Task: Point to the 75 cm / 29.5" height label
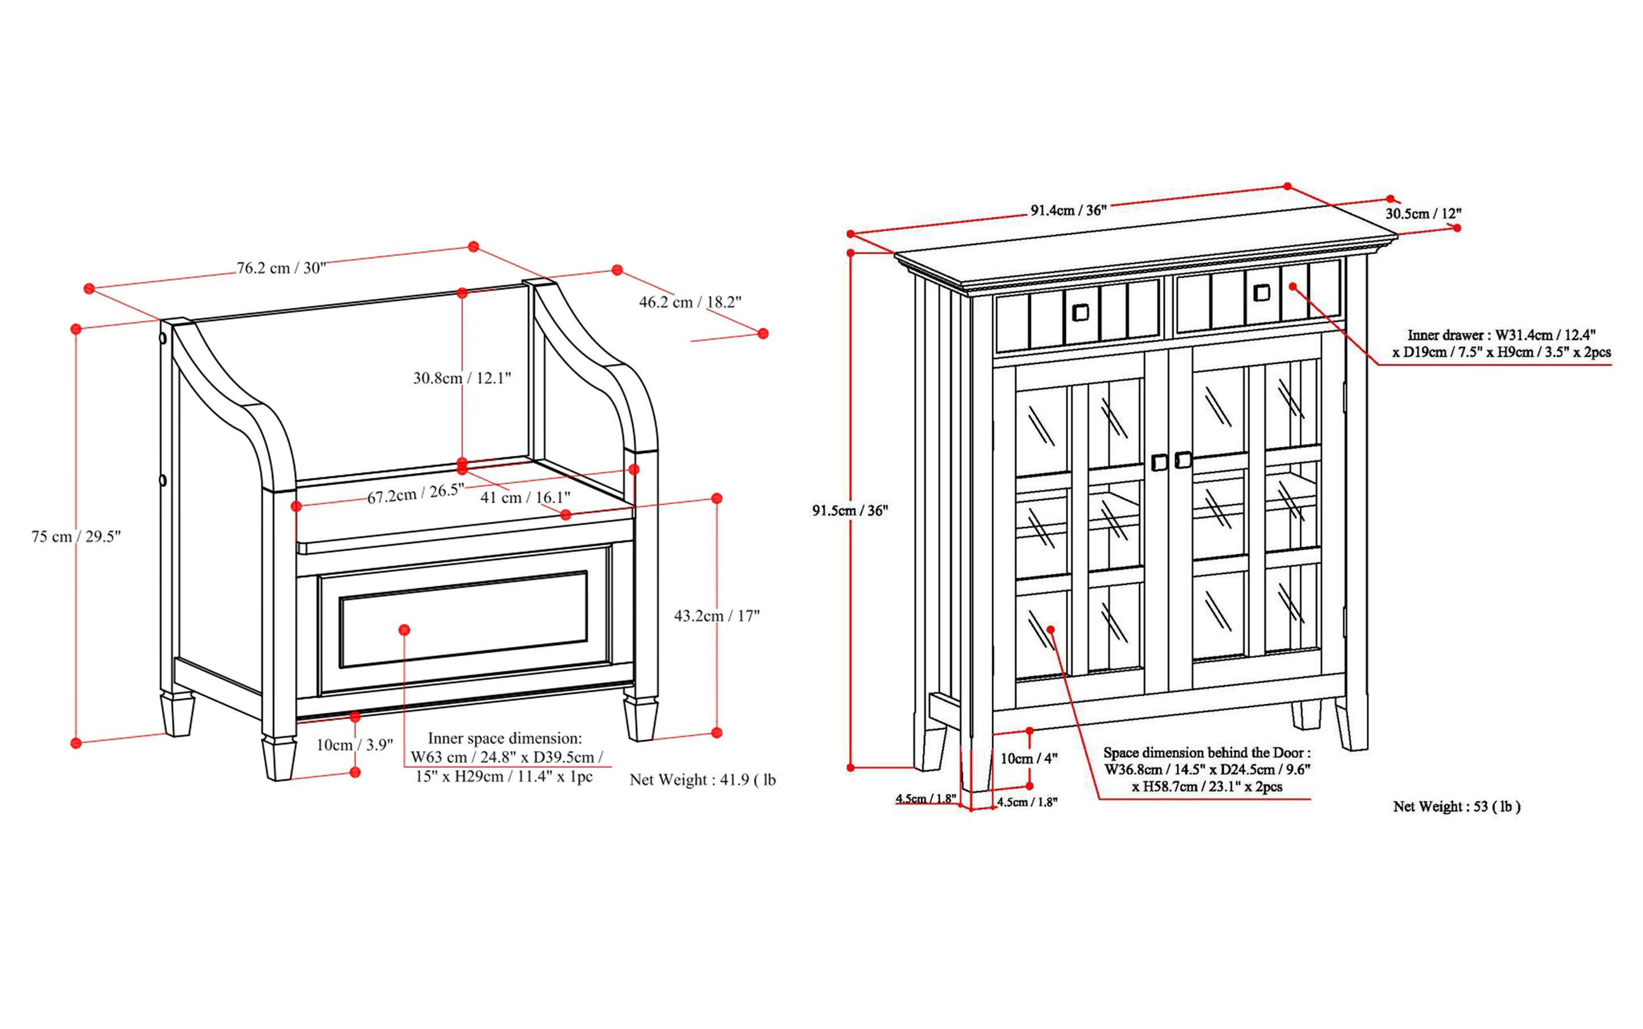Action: [x=76, y=536]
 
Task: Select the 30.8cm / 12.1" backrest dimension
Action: [x=462, y=377]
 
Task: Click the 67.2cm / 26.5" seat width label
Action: [x=415, y=493]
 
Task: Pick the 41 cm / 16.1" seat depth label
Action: [x=525, y=497]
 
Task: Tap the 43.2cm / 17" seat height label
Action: [x=716, y=616]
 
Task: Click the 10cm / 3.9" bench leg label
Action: [x=354, y=745]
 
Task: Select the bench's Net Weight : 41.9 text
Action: [x=702, y=780]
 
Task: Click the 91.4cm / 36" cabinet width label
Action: [x=1068, y=210]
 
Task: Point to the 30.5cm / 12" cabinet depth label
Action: [x=1423, y=214]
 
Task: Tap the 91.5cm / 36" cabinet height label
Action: [x=849, y=511]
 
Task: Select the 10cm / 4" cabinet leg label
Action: [x=1028, y=758]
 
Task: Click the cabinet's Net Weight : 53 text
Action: [x=1456, y=807]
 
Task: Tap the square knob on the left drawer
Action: [x=1080, y=312]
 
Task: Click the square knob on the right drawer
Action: [x=1261, y=293]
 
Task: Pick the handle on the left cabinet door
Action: [x=1159, y=463]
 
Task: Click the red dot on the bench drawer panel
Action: [x=404, y=630]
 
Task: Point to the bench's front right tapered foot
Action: [x=641, y=720]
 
